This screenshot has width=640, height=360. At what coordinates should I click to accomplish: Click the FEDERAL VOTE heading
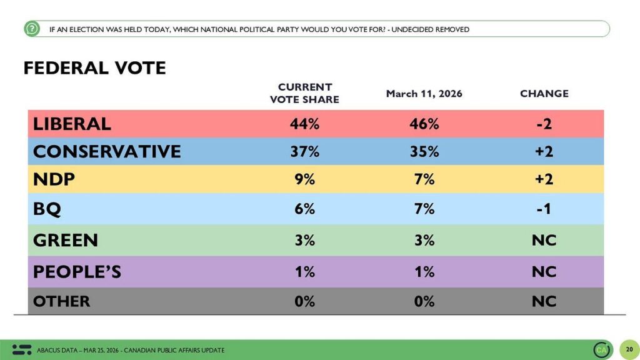click(x=94, y=67)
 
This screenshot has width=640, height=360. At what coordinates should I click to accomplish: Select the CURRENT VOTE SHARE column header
click(x=304, y=93)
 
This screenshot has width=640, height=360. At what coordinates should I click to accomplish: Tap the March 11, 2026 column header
click(x=424, y=94)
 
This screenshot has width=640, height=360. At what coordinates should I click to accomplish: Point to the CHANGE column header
click(x=544, y=94)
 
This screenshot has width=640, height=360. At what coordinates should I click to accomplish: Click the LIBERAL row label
click(x=72, y=124)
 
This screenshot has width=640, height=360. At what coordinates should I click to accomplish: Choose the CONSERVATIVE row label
click(x=107, y=151)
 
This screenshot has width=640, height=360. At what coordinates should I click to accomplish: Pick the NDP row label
click(x=54, y=179)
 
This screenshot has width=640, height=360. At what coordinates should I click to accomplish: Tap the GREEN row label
click(x=65, y=240)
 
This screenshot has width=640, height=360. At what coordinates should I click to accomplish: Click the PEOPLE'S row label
click(x=77, y=272)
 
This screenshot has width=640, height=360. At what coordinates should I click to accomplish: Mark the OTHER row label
click(x=61, y=301)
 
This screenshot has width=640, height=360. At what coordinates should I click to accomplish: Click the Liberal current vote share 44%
click(x=304, y=124)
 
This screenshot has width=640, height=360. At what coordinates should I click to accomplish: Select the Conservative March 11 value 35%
click(x=424, y=151)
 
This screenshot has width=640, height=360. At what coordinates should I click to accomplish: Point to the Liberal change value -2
click(x=544, y=124)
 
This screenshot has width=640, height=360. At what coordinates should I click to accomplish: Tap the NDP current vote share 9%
click(x=304, y=179)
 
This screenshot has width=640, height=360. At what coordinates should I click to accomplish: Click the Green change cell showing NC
click(x=544, y=240)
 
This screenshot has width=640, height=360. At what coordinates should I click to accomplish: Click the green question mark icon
click(x=32, y=29)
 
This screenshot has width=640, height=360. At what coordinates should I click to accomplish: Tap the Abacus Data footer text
click(x=131, y=350)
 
